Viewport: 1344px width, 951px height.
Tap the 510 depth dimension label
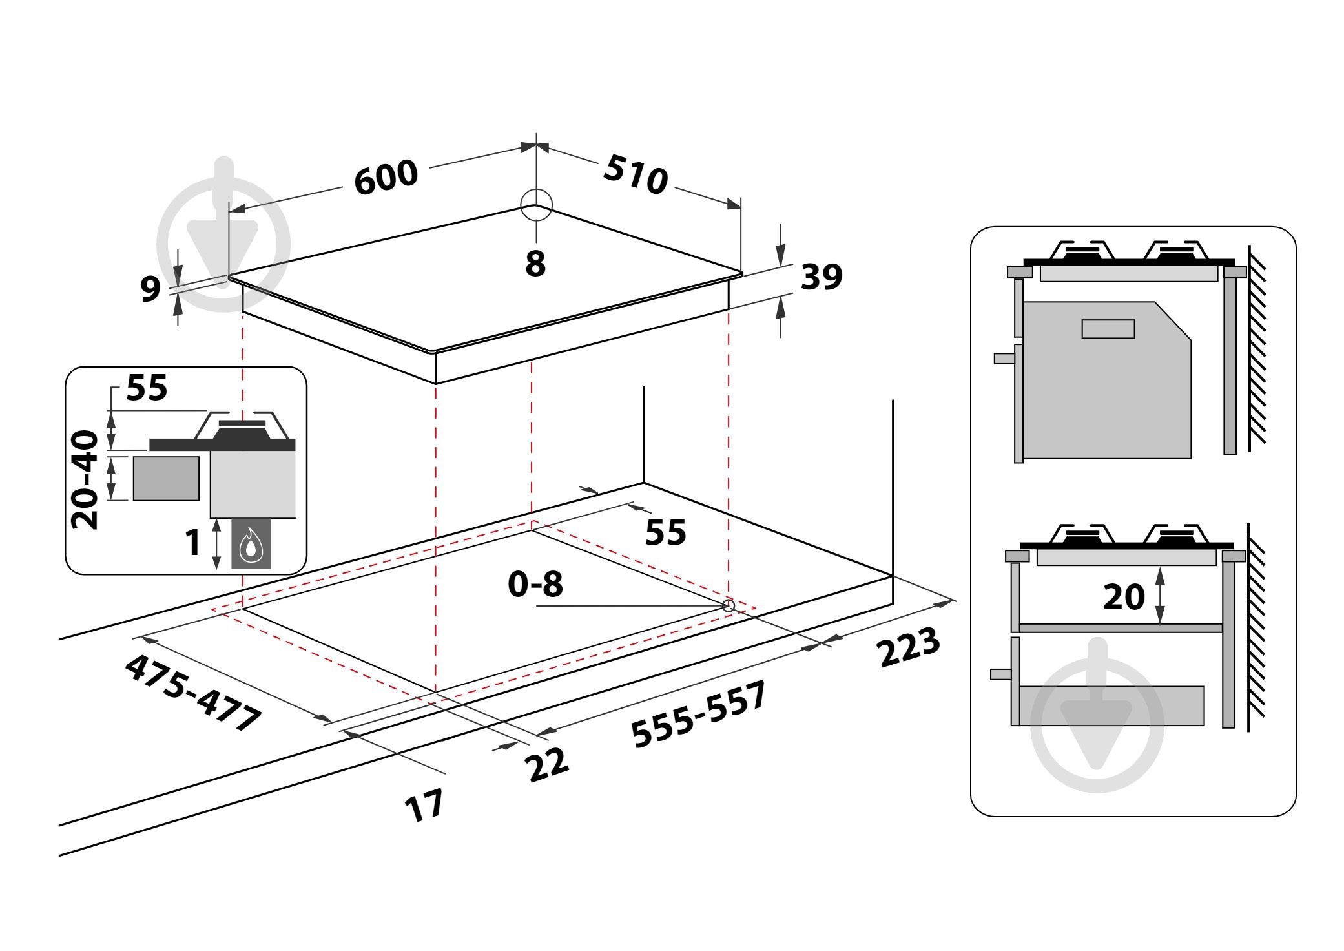pos(636,174)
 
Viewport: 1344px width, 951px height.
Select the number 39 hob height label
pos(822,277)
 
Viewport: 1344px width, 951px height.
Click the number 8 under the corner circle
pos(535,264)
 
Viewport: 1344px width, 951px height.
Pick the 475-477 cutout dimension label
pos(192,693)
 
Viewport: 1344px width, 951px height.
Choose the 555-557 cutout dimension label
pos(698,714)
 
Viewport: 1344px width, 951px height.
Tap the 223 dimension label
pos(908,647)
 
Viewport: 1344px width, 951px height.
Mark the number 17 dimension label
pos(424,805)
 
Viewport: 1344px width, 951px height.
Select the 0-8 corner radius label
pos(535,584)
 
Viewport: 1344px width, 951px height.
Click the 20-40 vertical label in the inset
pos(85,480)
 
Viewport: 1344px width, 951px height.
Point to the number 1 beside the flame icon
pos(192,542)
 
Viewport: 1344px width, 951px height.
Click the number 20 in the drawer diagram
pos(1124,597)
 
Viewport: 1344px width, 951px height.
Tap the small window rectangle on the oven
pos(1108,329)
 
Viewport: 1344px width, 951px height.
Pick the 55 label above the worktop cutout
pos(665,532)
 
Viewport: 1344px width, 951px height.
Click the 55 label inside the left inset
pos(147,388)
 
